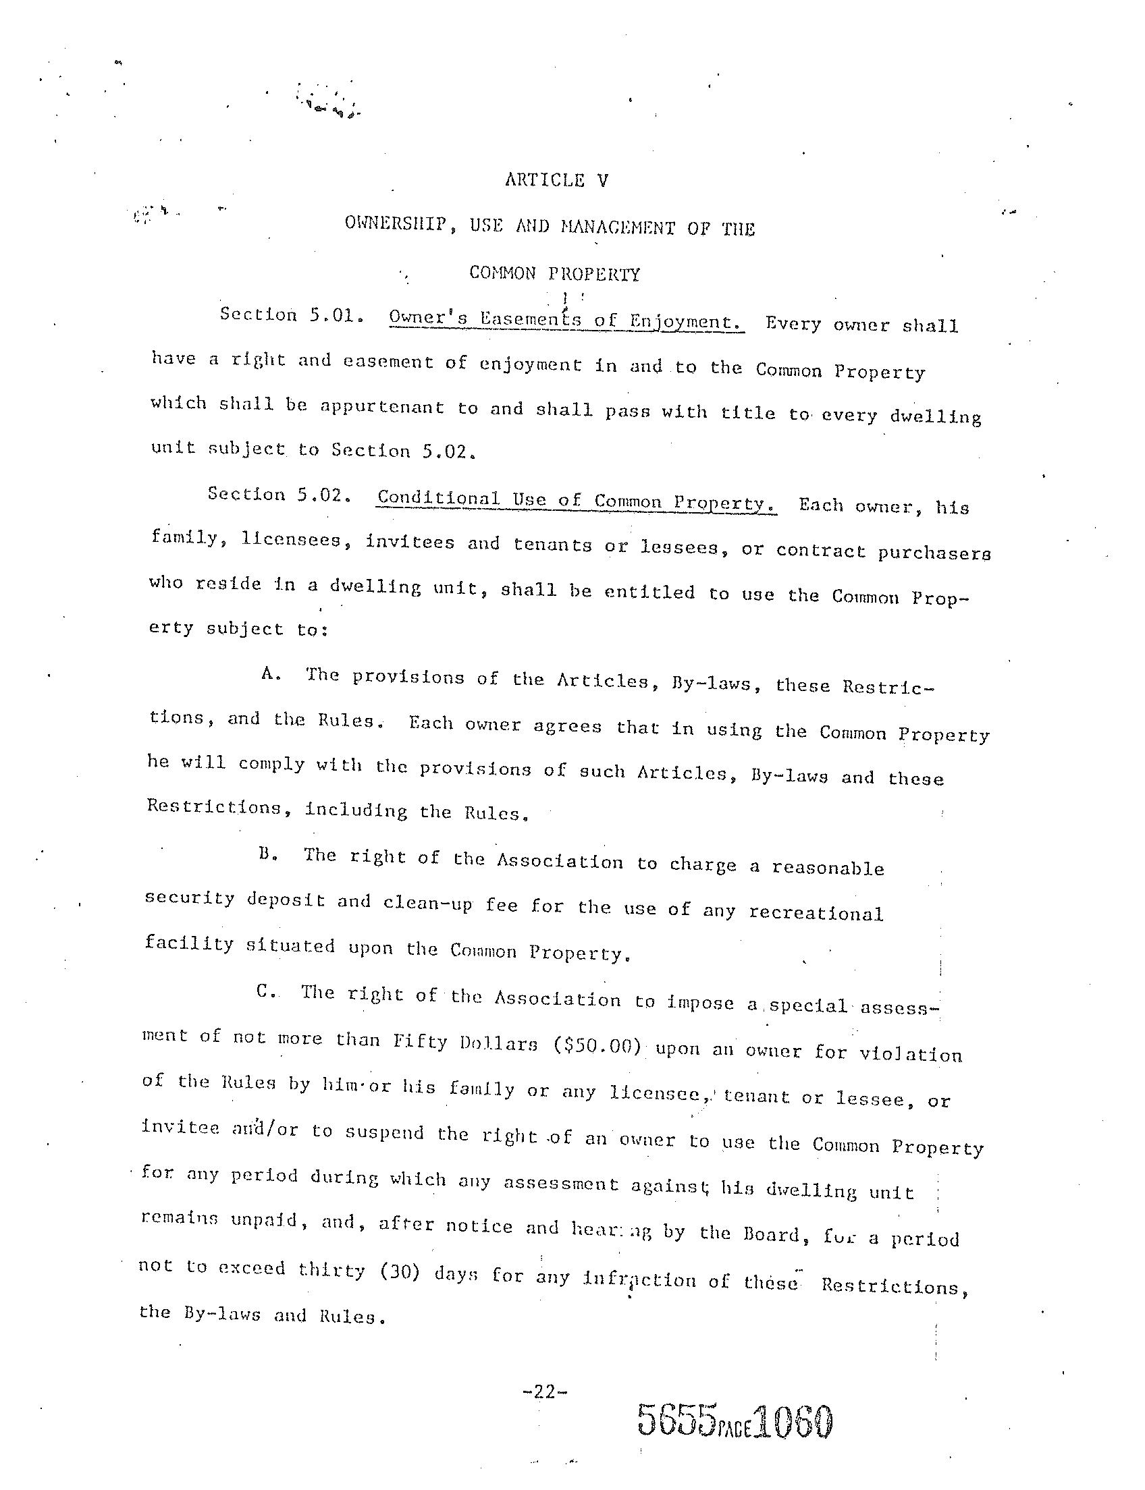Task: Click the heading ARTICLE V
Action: pyautogui.click(x=556, y=181)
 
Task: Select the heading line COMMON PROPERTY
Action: pyautogui.click(x=554, y=274)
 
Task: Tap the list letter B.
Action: pyautogui.click(x=267, y=854)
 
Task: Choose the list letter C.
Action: pyautogui.click(x=265, y=991)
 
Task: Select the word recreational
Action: pyautogui.click(x=816, y=913)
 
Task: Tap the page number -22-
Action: pyautogui.click(x=543, y=1392)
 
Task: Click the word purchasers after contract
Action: pyautogui.click(x=933, y=553)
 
